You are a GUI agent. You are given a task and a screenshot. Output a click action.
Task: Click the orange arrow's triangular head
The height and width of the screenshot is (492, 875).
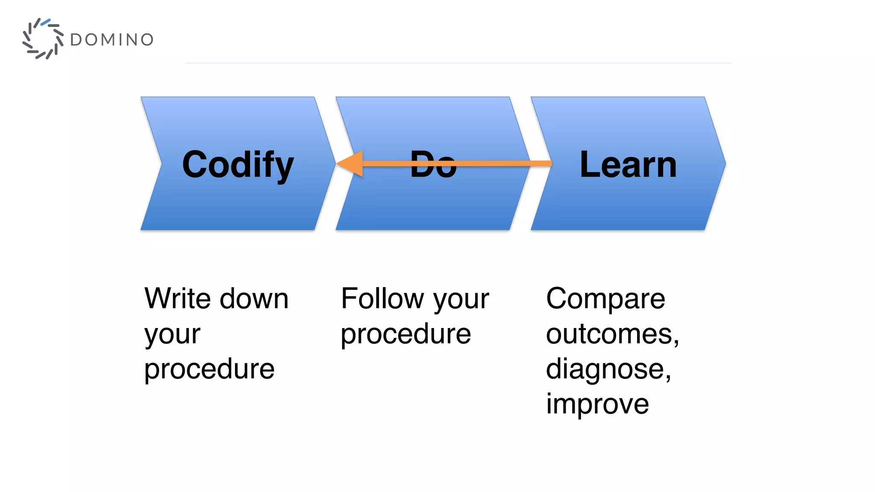click(x=352, y=164)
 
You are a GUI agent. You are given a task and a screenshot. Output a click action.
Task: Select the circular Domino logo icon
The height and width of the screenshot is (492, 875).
click(x=43, y=39)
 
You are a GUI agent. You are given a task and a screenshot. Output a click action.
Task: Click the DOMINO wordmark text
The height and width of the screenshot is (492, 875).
click(x=112, y=40)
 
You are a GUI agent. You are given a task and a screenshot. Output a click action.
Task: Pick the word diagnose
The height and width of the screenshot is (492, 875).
click(x=606, y=369)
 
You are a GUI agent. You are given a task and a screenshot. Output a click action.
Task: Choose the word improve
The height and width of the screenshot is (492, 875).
click(x=597, y=404)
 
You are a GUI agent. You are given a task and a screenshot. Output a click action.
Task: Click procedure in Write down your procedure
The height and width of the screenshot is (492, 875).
click(x=209, y=369)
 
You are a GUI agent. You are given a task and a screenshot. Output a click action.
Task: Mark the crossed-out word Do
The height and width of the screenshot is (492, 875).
click(x=433, y=164)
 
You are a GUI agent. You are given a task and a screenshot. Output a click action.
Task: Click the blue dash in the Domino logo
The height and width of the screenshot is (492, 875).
click(x=46, y=21)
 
